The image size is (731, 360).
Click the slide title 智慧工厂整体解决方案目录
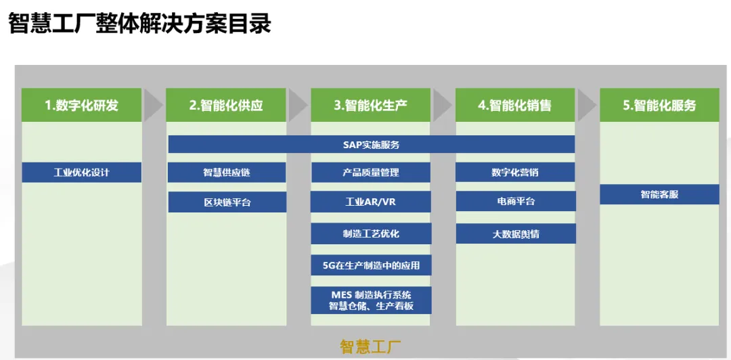140,24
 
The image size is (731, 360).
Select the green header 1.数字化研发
81,105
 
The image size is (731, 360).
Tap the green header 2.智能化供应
226,105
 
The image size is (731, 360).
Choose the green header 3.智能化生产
370,105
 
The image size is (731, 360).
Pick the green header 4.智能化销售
515,105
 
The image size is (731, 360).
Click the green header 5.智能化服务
659,105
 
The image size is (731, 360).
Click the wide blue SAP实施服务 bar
371,144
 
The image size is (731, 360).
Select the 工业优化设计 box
81,173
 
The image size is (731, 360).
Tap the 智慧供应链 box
227,173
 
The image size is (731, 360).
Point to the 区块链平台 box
227,202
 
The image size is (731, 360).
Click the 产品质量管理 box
371,173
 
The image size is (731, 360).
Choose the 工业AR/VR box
371,202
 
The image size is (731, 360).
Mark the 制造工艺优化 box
371,233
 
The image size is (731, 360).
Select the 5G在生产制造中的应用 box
371,265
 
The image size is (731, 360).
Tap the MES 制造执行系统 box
371,300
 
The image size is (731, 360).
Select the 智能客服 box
659,194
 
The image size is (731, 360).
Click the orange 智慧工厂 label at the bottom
370,347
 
